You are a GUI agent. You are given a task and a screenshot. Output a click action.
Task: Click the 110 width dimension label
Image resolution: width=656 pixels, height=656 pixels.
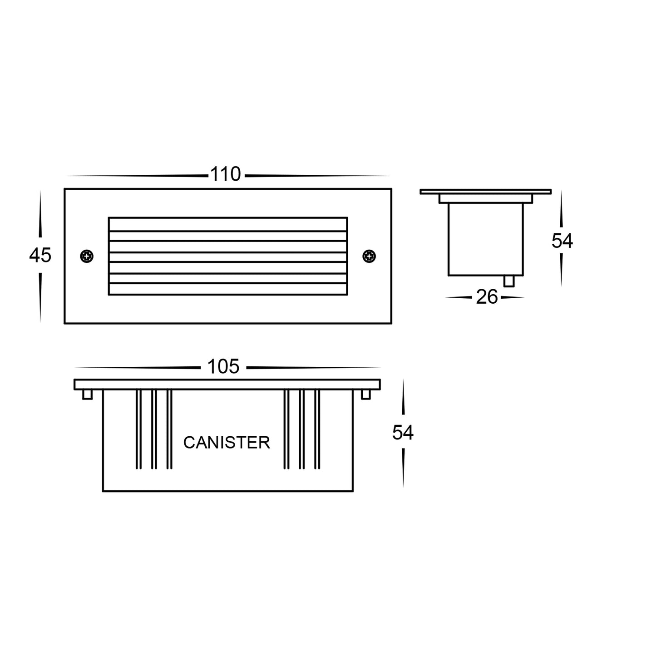coord(225,175)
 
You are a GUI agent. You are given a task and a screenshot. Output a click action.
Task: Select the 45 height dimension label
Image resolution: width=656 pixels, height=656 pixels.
coord(40,256)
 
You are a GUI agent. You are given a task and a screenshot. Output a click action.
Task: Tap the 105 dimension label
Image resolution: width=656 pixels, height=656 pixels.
coord(223,367)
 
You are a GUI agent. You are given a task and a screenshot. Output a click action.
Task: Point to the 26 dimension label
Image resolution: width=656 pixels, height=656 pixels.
coord(487,297)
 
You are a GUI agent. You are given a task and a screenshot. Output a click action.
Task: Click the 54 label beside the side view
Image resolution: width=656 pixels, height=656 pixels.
coord(562,241)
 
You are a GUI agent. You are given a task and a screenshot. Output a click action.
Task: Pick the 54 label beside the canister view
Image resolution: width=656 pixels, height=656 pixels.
coord(403,433)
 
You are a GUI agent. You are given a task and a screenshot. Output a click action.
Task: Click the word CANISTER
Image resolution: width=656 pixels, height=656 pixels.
coord(227,443)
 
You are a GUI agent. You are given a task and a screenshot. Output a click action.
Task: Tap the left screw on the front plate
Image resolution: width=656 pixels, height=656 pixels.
coord(86,256)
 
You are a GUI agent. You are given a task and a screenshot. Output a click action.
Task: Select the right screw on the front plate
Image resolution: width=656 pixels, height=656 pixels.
coord(369,256)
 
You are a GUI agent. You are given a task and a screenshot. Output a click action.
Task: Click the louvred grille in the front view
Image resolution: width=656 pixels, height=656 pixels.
coord(228,256)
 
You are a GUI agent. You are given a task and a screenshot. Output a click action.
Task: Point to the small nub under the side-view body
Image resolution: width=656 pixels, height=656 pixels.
coord(509,281)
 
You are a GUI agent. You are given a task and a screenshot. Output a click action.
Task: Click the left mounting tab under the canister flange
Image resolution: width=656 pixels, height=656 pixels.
coord(88,395)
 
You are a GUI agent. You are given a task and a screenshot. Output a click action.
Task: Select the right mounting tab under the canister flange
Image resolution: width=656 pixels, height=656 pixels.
coord(366,395)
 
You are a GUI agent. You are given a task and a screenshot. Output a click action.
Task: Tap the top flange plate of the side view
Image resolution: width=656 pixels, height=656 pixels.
coord(485,192)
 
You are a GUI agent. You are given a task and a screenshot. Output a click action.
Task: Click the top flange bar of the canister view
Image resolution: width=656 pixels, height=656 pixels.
coord(227,385)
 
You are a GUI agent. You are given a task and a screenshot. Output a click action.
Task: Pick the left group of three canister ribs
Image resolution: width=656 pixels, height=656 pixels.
coord(154,429)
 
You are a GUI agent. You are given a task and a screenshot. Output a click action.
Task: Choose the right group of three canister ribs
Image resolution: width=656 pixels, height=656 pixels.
coord(301,429)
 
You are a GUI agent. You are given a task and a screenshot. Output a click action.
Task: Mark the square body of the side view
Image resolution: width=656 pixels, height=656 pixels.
coord(485,239)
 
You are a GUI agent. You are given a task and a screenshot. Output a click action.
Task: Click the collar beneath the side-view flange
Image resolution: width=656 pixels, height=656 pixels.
coord(485,199)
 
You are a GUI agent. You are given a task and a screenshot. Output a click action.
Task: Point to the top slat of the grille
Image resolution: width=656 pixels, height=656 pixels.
coord(228,224)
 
